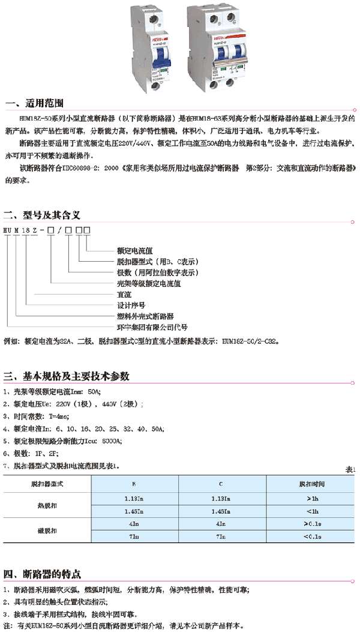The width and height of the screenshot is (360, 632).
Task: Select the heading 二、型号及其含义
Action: [x=43, y=214]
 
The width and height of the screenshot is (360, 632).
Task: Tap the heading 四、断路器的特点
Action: [x=43, y=573]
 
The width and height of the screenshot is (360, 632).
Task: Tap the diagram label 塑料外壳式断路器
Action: [x=145, y=316]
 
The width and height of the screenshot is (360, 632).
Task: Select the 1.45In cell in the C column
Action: [x=222, y=511]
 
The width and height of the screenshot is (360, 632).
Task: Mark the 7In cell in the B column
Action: [x=134, y=537]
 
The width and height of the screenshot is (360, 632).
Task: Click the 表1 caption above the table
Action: [x=351, y=469]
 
